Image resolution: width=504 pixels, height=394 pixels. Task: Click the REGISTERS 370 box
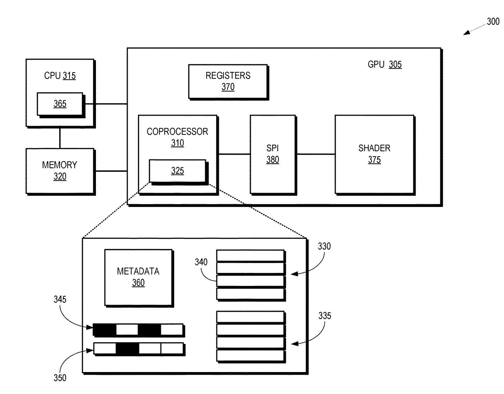point(228,81)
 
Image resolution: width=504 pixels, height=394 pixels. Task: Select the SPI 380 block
point(273,154)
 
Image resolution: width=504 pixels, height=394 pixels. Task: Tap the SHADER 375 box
point(374,154)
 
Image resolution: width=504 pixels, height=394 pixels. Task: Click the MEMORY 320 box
point(60,171)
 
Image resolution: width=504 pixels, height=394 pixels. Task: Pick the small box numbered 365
point(60,104)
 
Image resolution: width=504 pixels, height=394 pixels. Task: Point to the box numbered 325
point(177,171)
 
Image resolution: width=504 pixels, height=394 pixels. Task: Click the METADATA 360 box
point(138,277)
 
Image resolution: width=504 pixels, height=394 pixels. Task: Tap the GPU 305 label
point(384,65)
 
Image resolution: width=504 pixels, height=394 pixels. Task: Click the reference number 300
point(493,22)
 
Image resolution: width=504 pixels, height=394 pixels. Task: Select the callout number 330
point(324,246)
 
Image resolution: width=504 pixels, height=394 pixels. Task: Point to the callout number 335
point(324,316)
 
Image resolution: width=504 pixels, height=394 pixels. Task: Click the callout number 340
point(201,262)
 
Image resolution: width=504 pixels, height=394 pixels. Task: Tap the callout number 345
point(60,299)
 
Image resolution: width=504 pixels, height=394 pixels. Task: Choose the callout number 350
point(60,378)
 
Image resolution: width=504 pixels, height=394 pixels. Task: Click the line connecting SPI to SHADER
point(315,154)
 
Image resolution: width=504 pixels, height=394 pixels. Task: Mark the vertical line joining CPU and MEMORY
point(60,138)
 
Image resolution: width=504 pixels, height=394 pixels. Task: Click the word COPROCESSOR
point(177,131)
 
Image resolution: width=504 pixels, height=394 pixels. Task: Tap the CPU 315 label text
point(60,76)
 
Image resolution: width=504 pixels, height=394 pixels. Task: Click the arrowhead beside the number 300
point(466,33)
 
